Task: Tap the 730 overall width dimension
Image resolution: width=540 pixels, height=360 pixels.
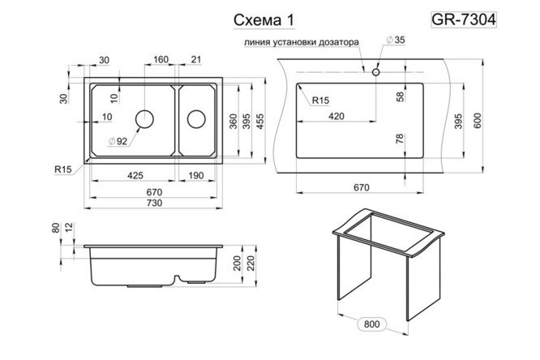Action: click(153, 203)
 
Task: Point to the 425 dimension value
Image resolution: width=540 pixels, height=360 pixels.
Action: click(135, 175)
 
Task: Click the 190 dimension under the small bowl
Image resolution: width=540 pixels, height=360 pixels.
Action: click(195, 175)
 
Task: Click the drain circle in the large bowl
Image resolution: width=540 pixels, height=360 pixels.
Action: click(145, 118)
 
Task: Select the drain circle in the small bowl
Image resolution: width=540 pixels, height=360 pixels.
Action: click(196, 118)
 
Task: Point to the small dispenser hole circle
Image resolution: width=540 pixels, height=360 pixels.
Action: click(376, 71)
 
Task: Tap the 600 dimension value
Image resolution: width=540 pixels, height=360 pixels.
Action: click(483, 120)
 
